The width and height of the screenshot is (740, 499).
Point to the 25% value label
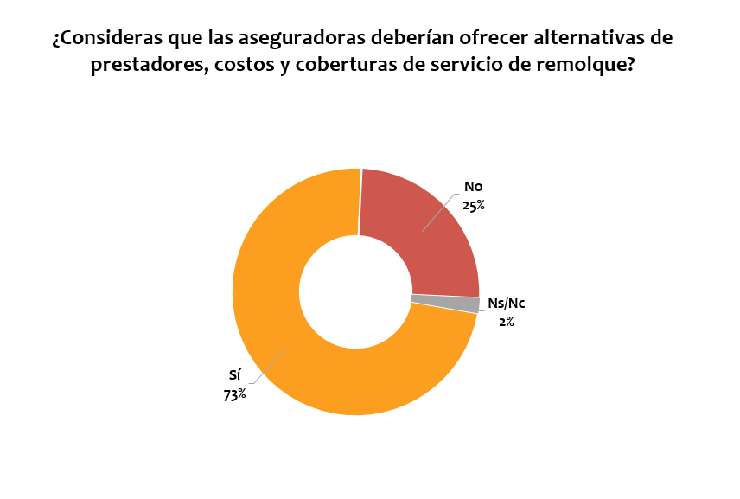point(474,205)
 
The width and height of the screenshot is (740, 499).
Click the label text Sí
point(234,376)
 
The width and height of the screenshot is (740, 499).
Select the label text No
point(473,187)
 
